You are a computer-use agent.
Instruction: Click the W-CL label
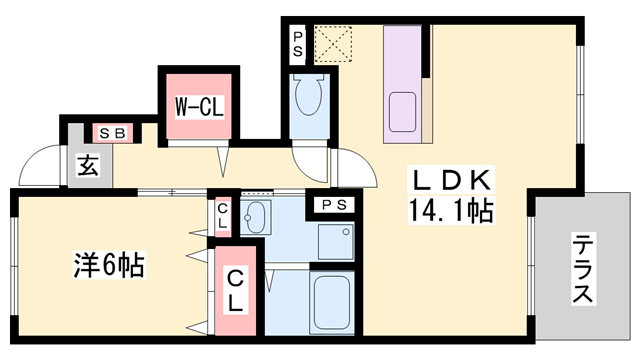point(199,105)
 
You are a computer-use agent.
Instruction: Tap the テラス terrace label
point(583,269)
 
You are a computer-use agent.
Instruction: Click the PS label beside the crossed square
point(298,44)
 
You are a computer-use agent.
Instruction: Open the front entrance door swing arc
point(40,165)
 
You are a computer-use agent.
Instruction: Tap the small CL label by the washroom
point(222,216)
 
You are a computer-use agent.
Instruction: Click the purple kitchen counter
point(405,80)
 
